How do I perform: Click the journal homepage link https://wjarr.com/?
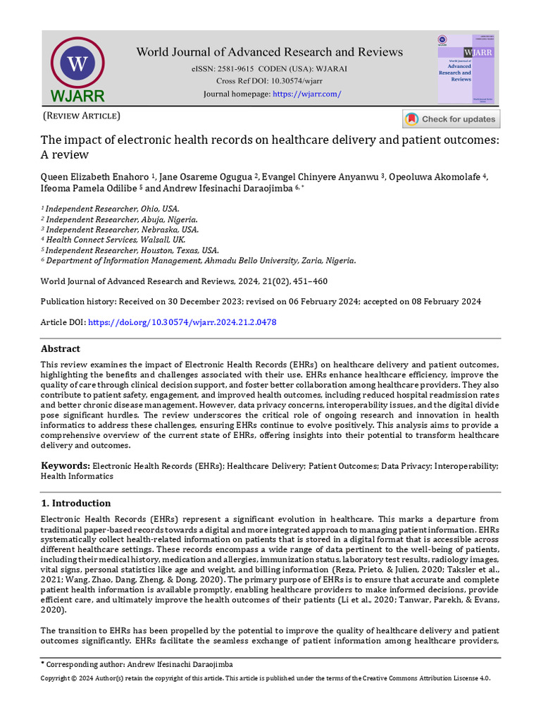(x=306, y=94)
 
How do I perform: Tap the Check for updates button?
(x=451, y=119)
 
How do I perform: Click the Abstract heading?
(x=61, y=349)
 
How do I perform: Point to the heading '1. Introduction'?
(x=75, y=503)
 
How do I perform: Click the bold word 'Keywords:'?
(x=65, y=466)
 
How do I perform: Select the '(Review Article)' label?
(x=82, y=116)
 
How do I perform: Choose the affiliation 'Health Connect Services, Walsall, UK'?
(x=115, y=240)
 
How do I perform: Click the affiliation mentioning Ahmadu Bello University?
(x=201, y=260)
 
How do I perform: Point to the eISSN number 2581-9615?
(x=230, y=69)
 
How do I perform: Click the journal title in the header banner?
(x=269, y=52)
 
